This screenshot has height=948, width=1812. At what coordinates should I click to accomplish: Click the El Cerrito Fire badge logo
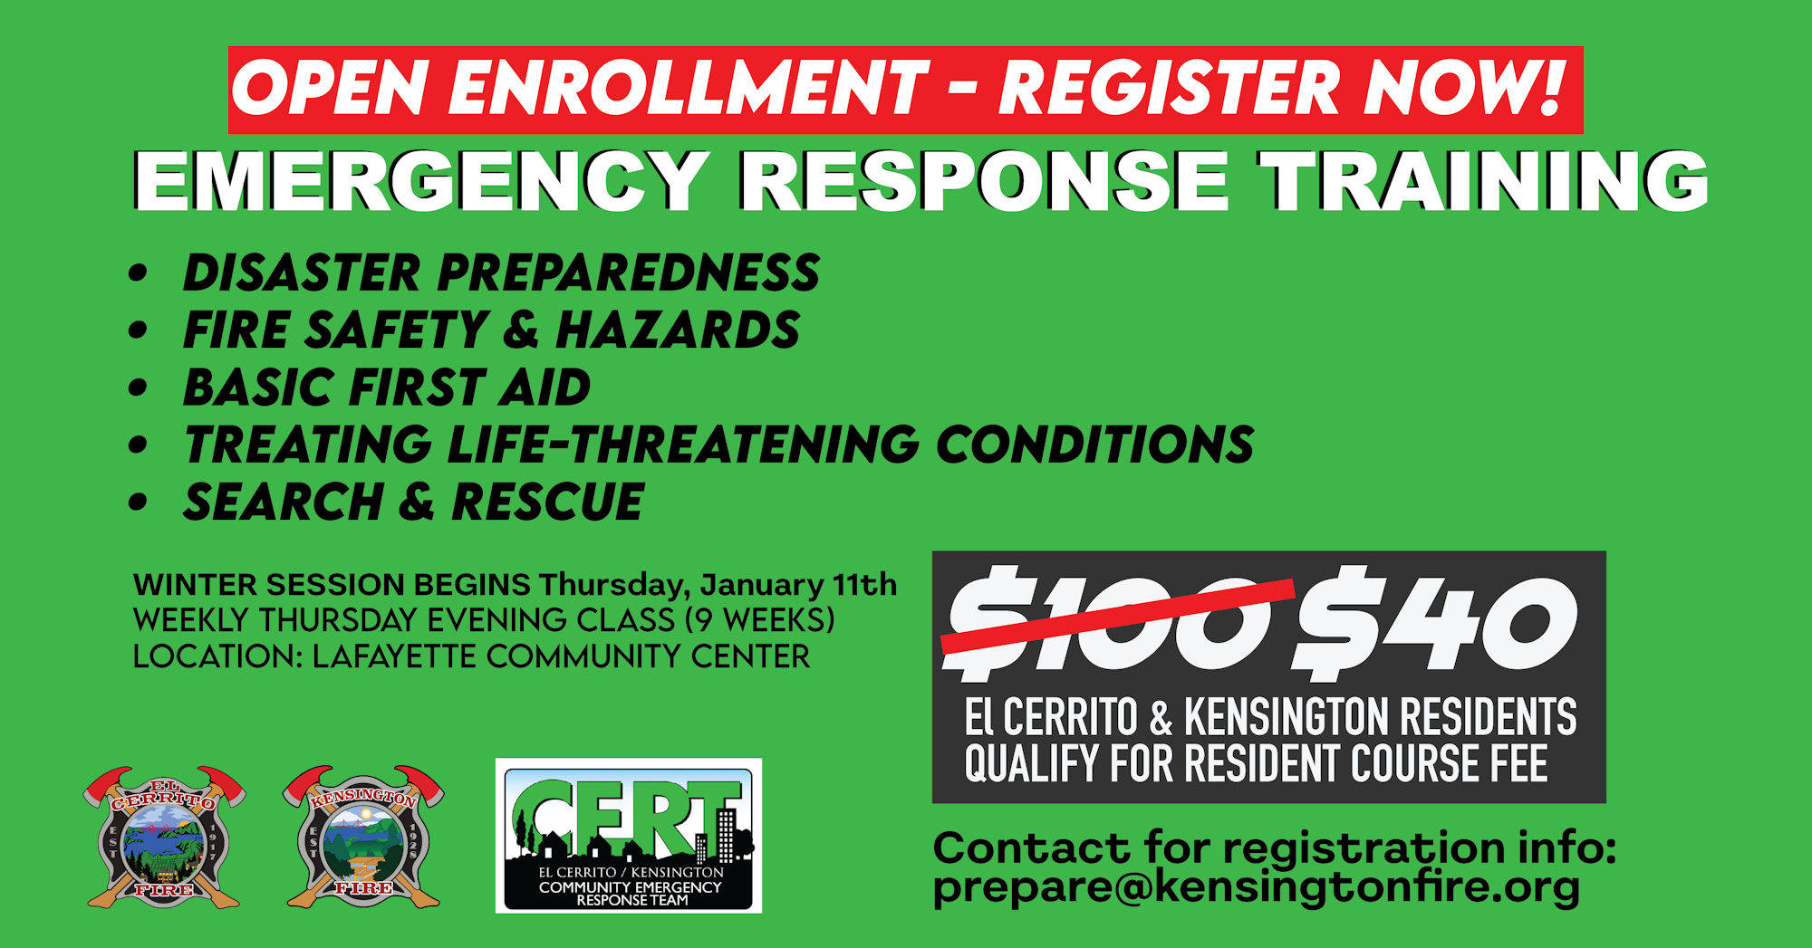click(x=164, y=837)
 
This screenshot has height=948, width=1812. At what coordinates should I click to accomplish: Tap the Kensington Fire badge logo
click(x=363, y=837)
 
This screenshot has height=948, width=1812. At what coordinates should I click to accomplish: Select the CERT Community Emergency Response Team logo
click(x=629, y=836)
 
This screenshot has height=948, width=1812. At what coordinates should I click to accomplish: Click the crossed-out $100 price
click(x=1117, y=619)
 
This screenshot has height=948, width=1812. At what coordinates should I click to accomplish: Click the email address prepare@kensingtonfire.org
click(x=1257, y=888)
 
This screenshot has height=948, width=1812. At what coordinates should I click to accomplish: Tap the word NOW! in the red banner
click(x=1465, y=87)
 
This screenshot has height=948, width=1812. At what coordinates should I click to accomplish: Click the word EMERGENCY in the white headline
click(x=422, y=181)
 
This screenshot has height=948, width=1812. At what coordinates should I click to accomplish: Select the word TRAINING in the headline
click(x=1484, y=181)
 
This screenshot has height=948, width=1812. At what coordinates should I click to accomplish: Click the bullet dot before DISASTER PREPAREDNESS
click(x=138, y=273)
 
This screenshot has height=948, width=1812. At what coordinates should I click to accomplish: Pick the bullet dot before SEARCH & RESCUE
click(x=138, y=503)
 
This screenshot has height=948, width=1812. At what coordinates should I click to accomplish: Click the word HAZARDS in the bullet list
click(x=678, y=330)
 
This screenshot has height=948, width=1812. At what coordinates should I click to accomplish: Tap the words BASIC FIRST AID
click(x=387, y=388)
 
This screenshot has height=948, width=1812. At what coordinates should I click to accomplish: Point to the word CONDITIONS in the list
click(x=1094, y=445)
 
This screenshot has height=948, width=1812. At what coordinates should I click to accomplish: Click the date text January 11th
click(x=798, y=586)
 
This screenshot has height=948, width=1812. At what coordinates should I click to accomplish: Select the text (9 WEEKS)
click(x=760, y=620)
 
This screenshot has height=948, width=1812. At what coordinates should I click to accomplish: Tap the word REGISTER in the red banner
click(x=1170, y=88)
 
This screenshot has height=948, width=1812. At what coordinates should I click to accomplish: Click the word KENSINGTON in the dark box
click(x=1286, y=717)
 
